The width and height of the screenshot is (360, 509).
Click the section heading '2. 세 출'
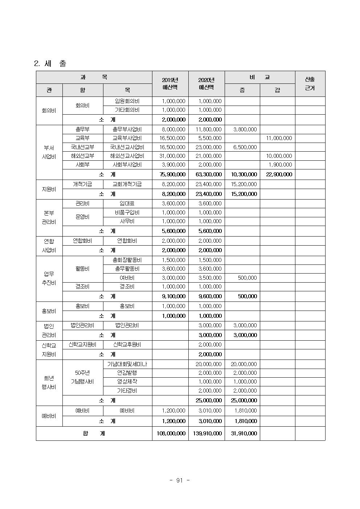point(50,63)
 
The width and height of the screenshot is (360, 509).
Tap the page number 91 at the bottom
point(180,480)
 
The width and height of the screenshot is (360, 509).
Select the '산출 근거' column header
point(310,84)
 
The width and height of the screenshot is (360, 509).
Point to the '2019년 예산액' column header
point(170,84)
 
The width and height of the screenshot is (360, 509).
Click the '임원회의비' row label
point(127,101)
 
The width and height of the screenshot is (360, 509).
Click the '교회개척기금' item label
point(127,184)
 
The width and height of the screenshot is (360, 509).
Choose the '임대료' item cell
point(127,204)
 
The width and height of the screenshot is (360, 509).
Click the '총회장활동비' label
point(127,260)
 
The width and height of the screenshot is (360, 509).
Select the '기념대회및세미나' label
point(127,364)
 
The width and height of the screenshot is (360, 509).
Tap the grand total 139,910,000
point(206,434)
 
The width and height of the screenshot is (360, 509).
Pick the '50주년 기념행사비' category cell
point(82,377)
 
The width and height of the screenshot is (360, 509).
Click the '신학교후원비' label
point(127,345)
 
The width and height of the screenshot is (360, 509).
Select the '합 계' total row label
point(94,433)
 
